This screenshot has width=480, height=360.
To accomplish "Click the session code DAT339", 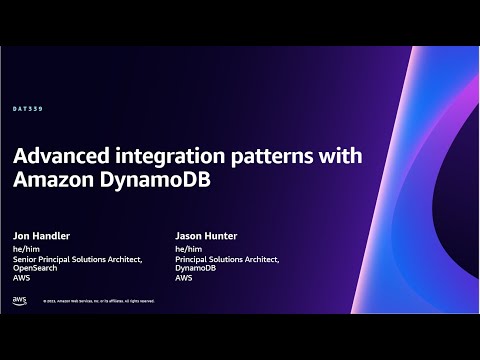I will click(x=28, y=107).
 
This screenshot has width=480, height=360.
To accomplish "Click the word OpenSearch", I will click(x=35, y=270).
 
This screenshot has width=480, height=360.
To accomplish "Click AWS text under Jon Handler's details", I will click(x=22, y=279).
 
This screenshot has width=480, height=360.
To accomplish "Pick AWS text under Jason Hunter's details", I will click(x=183, y=279).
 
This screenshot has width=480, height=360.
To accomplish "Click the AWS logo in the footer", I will click(x=20, y=299).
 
